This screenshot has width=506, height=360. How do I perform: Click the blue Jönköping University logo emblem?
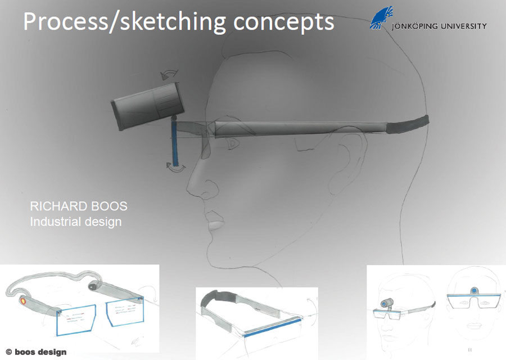click(x=381, y=17)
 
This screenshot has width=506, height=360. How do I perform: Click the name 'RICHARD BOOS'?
click(x=79, y=206)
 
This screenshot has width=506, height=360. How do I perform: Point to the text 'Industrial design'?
click(x=76, y=222)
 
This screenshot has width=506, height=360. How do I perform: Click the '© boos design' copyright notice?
click(x=36, y=352)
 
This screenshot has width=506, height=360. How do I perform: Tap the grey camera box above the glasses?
click(x=148, y=106)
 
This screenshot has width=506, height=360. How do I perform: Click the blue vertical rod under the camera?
click(x=174, y=141)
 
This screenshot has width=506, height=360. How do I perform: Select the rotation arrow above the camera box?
click(x=169, y=74)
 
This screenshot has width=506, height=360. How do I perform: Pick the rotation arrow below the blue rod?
click(x=176, y=168)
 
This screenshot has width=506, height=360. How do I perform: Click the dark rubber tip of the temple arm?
click(x=408, y=124)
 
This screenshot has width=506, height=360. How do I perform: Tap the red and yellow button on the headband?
click(x=23, y=301)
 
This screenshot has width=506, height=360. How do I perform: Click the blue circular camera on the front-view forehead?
click(x=474, y=291)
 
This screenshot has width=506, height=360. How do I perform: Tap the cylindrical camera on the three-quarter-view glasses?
click(x=387, y=303)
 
